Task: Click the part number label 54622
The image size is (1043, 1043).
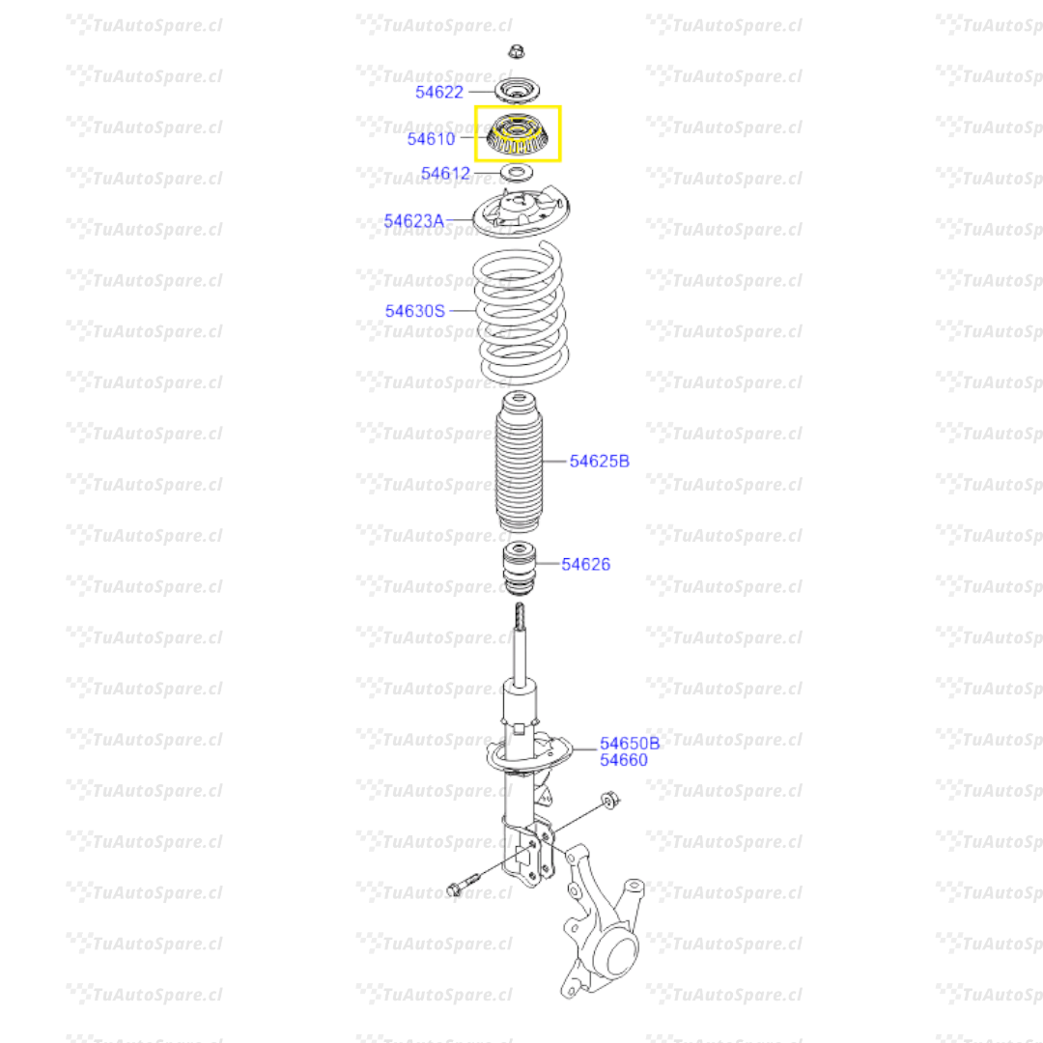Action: pos(439,92)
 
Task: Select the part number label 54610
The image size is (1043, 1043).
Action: pos(431,138)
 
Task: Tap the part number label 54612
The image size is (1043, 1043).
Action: pos(445,174)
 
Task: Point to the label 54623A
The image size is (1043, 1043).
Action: pos(413,221)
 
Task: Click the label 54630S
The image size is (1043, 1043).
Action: pos(415,311)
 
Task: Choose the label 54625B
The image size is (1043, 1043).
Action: pos(599,462)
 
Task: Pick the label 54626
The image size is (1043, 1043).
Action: pos(586,564)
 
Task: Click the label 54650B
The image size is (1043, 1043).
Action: pos(630,744)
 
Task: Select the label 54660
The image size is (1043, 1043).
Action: pos(623,760)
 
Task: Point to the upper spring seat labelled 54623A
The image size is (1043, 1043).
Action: pos(521,216)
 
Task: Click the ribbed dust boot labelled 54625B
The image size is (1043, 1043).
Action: pos(519,464)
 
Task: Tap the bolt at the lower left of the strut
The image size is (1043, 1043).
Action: pos(463,884)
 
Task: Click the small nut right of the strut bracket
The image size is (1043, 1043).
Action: pos(609,800)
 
